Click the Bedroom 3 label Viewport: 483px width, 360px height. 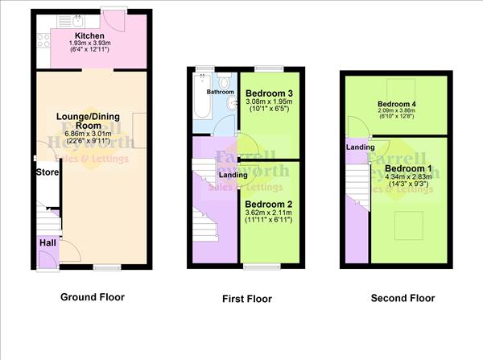[x=269, y=93]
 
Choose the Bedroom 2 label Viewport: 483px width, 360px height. [x=269, y=205]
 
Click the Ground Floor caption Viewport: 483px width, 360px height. [x=93, y=297]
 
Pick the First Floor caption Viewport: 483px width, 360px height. [x=247, y=299]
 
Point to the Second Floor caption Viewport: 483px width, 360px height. [x=402, y=298]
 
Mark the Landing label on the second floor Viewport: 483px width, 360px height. [x=359, y=147]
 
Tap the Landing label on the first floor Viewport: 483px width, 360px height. [x=233, y=175]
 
